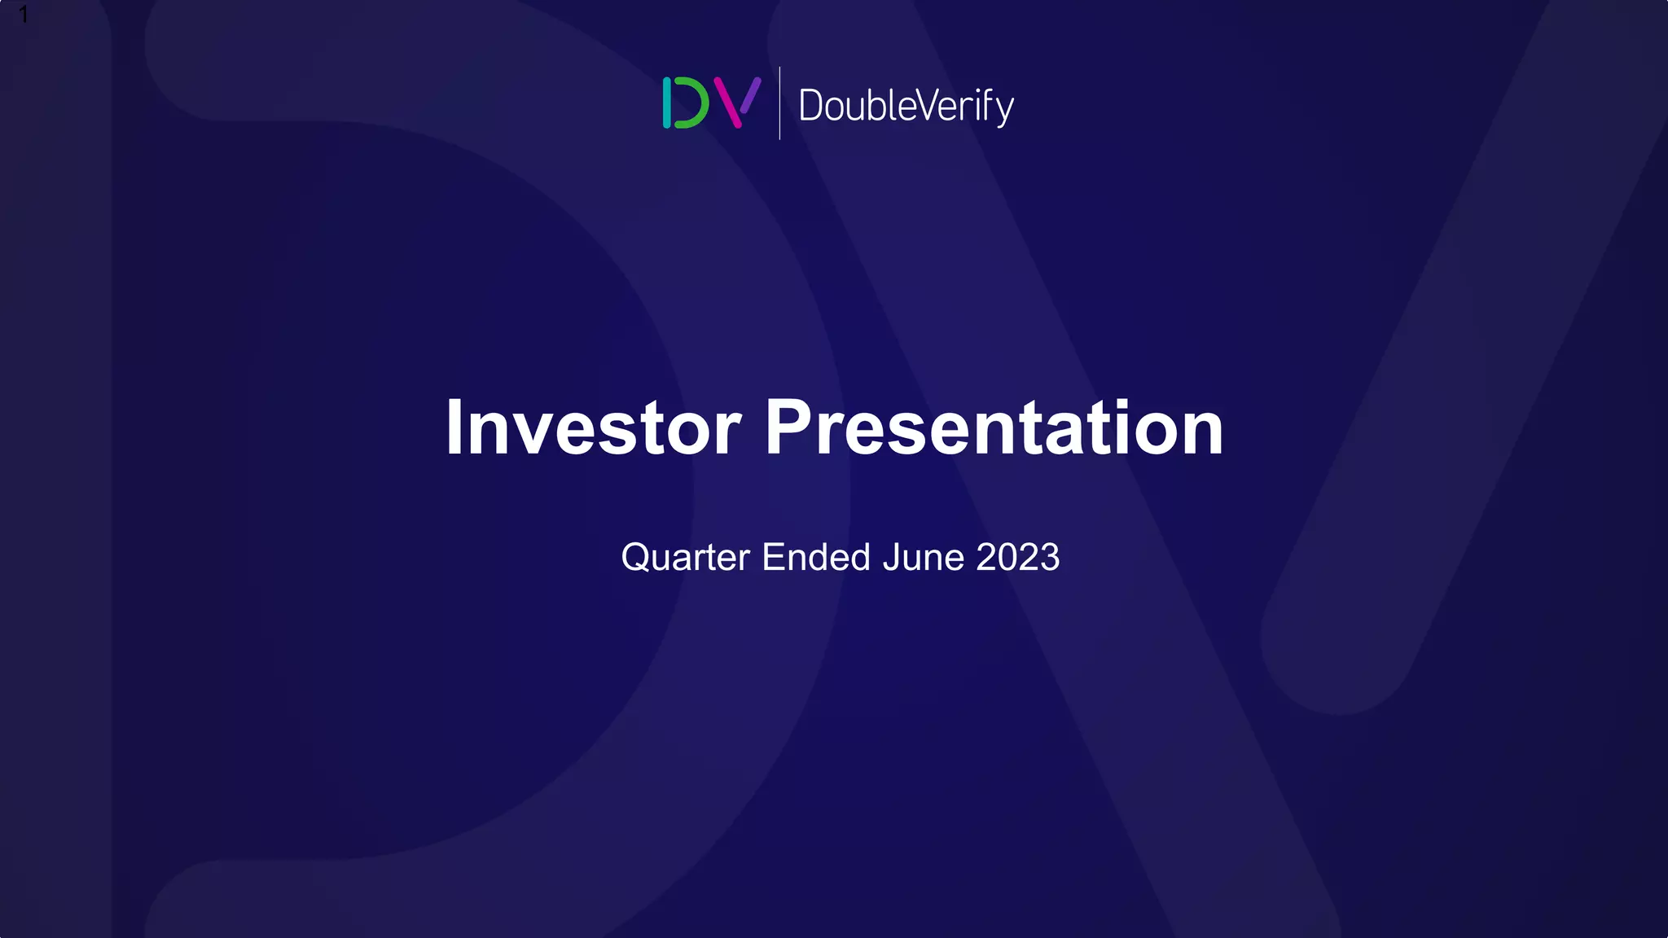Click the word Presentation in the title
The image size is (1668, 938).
(x=994, y=428)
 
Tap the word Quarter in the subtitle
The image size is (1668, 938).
(x=685, y=558)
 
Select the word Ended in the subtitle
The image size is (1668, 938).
(x=816, y=558)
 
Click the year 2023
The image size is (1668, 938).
(x=1017, y=558)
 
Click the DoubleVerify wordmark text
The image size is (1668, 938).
(x=906, y=106)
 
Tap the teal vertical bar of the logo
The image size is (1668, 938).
(x=667, y=103)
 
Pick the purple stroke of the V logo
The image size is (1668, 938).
(x=751, y=94)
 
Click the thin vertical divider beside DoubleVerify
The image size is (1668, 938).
(x=779, y=103)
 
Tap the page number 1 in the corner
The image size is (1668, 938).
(x=24, y=15)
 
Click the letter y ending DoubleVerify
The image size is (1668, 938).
(x=1004, y=110)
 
